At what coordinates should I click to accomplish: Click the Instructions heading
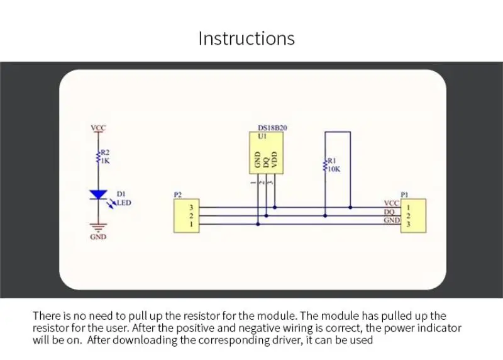coord(246,38)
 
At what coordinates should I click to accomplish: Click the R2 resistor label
coord(106,152)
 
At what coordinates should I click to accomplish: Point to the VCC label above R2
coord(99,128)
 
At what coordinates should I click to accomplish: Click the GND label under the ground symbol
coord(99,237)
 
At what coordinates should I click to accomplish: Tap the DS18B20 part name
coord(273,127)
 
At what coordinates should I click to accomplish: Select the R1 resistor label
coord(333,160)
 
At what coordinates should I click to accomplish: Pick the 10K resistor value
coord(334,168)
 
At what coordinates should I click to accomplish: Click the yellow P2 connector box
coord(186,215)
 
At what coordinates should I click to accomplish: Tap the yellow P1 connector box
coord(414,215)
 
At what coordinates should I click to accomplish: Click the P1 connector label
coord(404,195)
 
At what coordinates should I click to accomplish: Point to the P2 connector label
coord(178,195)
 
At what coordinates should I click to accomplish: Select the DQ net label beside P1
coord(389,211)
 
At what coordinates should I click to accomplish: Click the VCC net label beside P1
coord(391,203)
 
